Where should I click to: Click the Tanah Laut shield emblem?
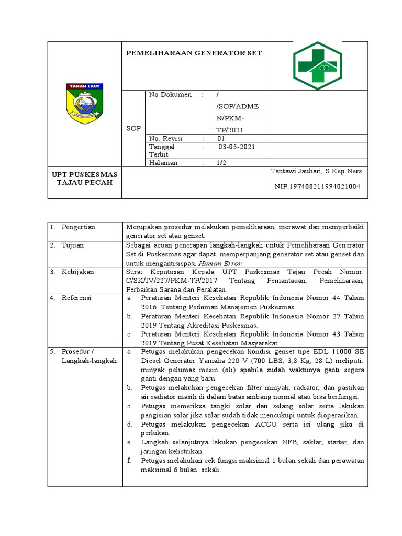[85, 104]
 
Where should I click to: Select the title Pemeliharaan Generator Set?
[194, 53]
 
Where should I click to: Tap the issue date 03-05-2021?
[237, 147]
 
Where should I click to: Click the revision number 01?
[221, 138]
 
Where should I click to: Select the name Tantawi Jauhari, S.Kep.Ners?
[316, 171]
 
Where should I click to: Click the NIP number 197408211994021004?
[317, 187]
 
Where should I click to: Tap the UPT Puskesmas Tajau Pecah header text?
[84, 178]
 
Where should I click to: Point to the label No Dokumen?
[171, 95]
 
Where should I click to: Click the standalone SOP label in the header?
[134, 129]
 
